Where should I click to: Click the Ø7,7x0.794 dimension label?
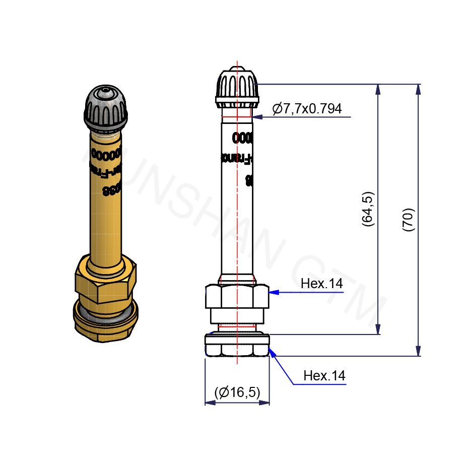[x=307, y=109]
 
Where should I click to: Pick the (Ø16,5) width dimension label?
[x=237, y=392]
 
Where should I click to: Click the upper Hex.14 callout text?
[x=321, y=284]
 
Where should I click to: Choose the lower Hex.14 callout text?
[x=324, y=376]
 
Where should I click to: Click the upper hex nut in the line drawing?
[x=237, y=297]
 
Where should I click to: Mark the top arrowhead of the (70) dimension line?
[x=418, y=89]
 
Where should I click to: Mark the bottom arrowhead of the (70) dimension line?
[x=418, y=351]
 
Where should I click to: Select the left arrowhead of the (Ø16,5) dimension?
[x=208, y=403]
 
